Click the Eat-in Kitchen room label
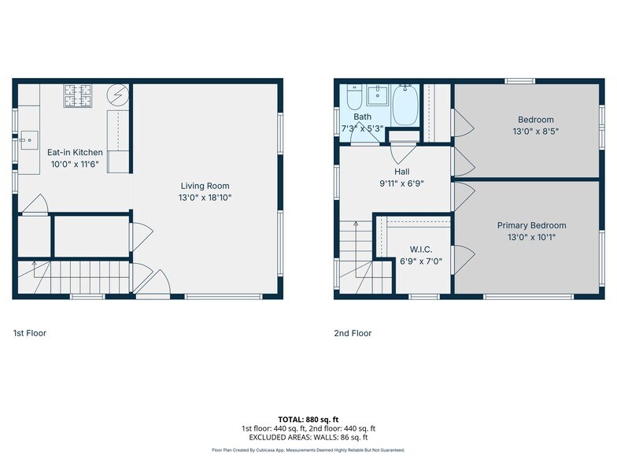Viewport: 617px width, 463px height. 75,152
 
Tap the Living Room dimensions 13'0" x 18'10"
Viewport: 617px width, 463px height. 205,198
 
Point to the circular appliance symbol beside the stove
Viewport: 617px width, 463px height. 116,95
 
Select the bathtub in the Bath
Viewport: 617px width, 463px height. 405,106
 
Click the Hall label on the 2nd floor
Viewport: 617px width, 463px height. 401,171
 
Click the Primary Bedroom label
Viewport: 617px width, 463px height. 531,225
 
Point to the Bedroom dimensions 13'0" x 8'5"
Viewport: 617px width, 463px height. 535,131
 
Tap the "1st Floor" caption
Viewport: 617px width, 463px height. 30,333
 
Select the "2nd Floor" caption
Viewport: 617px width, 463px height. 353,333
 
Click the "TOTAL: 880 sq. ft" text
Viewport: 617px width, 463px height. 308,420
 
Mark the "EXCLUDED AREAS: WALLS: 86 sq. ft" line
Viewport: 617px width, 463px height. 308,437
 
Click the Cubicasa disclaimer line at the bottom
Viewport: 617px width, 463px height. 308,450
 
